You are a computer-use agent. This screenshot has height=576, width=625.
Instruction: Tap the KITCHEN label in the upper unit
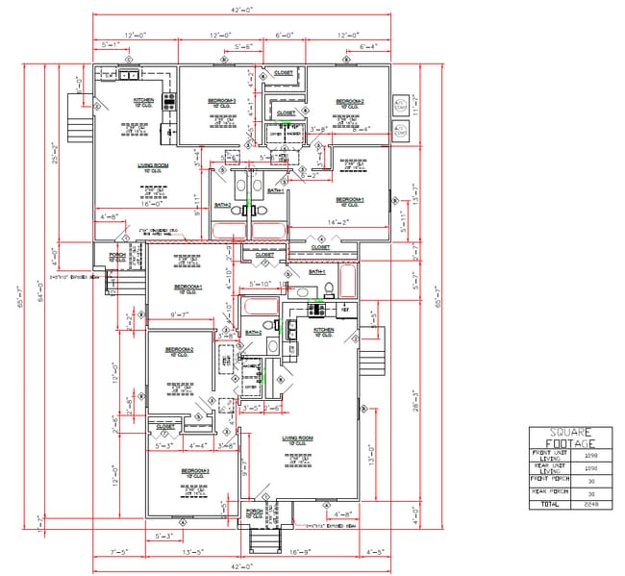click(143, 100)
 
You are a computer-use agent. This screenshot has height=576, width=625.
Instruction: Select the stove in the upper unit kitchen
click(170, 100)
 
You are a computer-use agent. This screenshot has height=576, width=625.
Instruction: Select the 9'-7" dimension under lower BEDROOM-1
click(179, 314)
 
